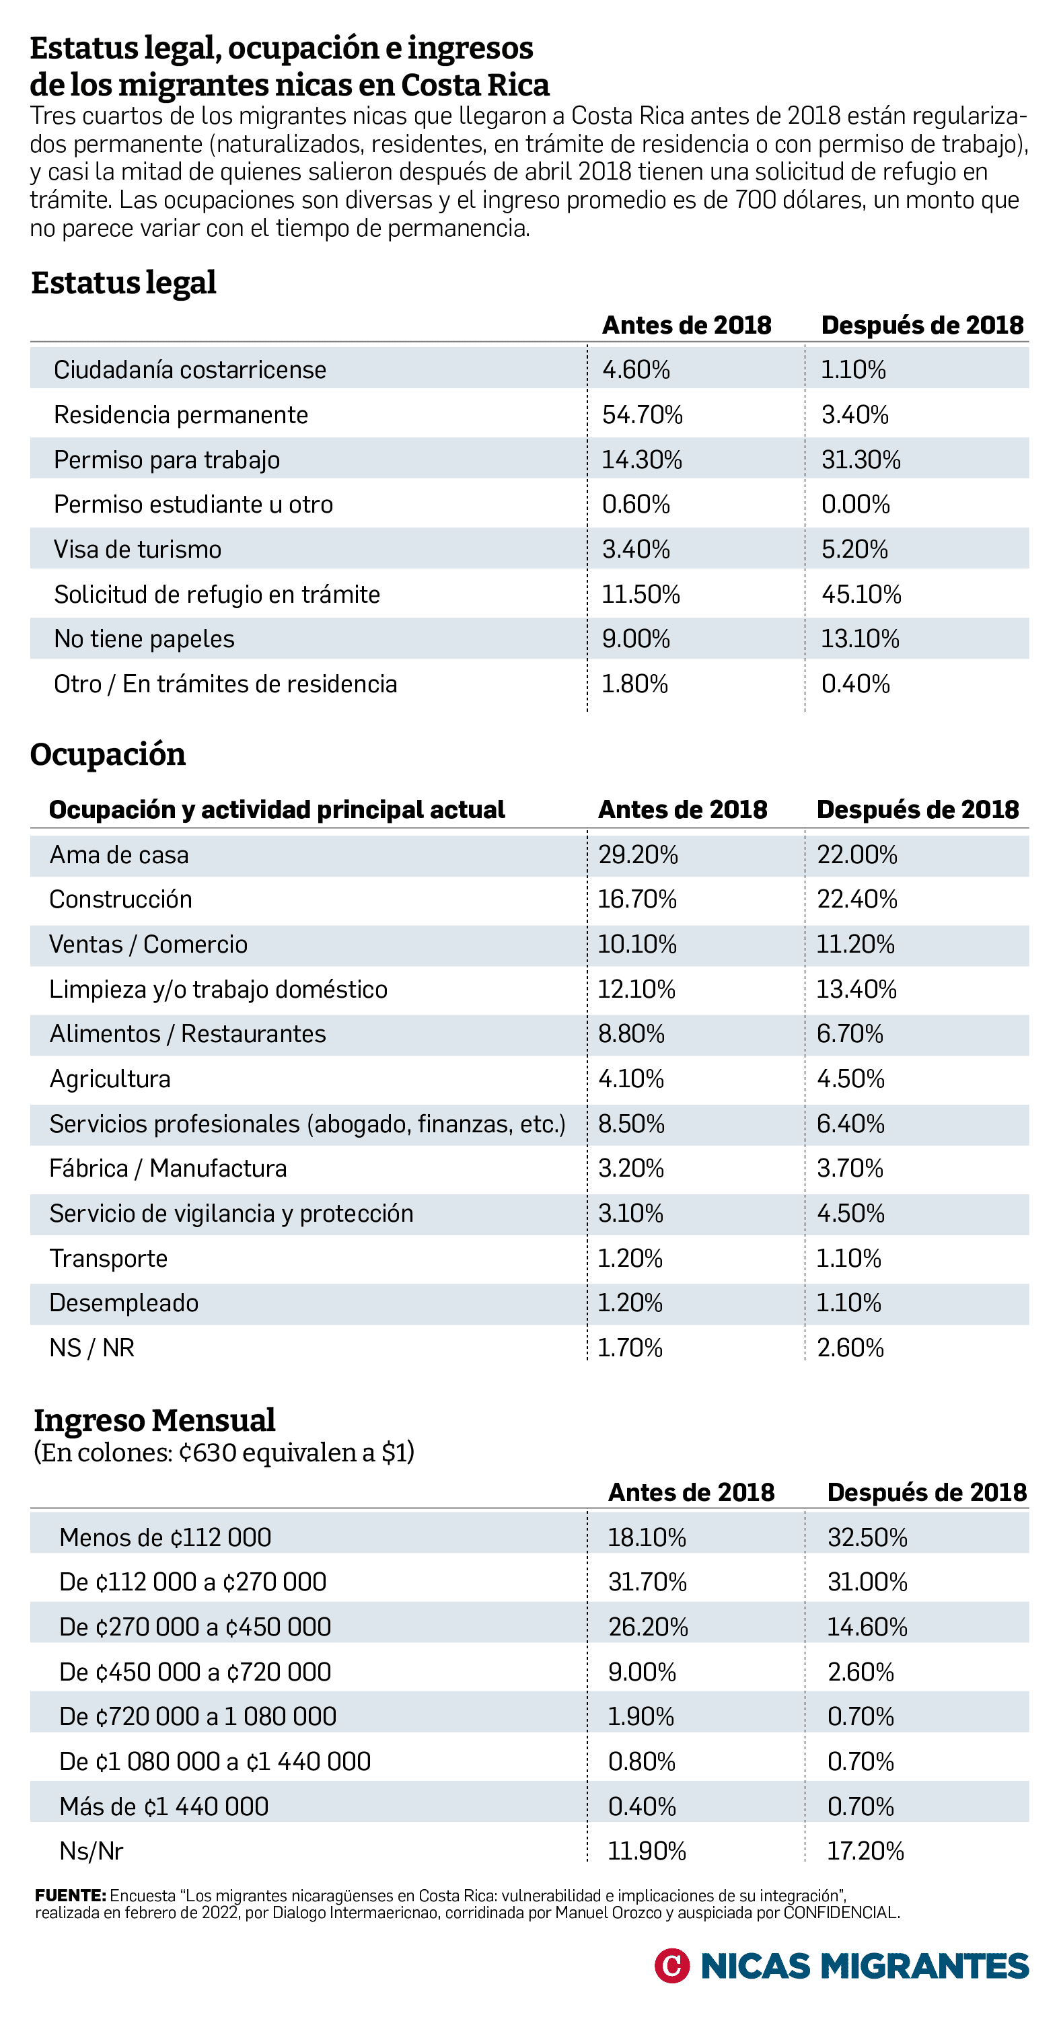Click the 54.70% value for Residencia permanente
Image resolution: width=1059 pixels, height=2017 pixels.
pos(643,414)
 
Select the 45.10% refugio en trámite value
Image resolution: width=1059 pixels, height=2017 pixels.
pos(861,594)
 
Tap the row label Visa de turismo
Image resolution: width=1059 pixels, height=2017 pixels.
pos(137,549)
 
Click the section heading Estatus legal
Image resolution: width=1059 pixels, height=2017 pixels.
pos(124,283)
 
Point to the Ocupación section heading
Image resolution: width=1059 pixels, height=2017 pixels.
pos(108,754)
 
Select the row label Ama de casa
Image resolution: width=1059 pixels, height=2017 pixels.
pos(119,854)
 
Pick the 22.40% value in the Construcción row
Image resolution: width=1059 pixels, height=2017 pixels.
pos(857,899)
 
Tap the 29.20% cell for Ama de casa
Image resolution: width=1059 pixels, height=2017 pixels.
pos(638,854)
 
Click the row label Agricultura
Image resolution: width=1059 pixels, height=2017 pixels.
pos(110,1079)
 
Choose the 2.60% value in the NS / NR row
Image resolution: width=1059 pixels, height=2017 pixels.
pos(850,1348)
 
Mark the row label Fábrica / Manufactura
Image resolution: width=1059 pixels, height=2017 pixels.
pos(168,1168)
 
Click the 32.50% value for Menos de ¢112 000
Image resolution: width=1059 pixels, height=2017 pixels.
pos(867,1537)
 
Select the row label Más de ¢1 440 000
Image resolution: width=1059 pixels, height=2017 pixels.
pos(163,1806)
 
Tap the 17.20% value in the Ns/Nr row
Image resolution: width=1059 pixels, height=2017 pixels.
pos(865,1851)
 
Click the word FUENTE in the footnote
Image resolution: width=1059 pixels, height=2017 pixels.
pos(71,1896)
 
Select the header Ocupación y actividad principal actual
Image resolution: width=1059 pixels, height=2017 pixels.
pos(277,809)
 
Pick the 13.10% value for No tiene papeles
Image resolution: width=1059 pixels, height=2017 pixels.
pos(860,639)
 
